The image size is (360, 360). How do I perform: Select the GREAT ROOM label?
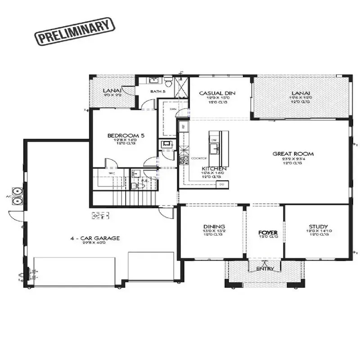click(x=293, y=154)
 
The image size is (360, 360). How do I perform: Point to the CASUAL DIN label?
click(x=218, y=94)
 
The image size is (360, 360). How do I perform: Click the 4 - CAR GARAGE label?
click(x=95, y=238)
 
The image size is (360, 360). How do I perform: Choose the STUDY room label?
click(x=318, y=227)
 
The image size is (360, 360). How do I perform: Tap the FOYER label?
click(x=268, y=232)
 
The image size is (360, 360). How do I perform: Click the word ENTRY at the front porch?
click(x=265, y=269)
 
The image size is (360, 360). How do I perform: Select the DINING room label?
click(x=214, y=227)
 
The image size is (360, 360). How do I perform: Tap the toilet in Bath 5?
click(x=168, y=83)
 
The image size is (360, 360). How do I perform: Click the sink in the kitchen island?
click(x=214, y=150)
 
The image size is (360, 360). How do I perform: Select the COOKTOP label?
click(x=198, y=158)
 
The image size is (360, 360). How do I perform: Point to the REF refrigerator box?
click(x=183, y=126)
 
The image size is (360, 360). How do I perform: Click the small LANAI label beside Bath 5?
click(x=110, y=90)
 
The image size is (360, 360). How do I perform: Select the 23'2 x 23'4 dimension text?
click(x=293, y=159)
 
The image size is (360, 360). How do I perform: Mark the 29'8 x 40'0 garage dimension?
click(x=95, y=243)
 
